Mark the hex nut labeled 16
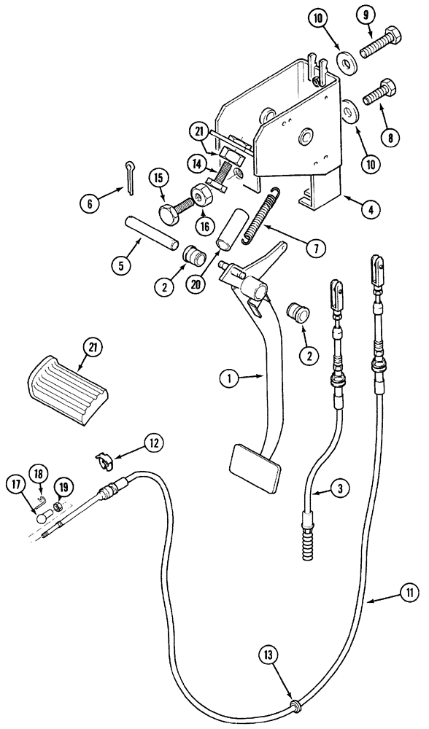[201, 197]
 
